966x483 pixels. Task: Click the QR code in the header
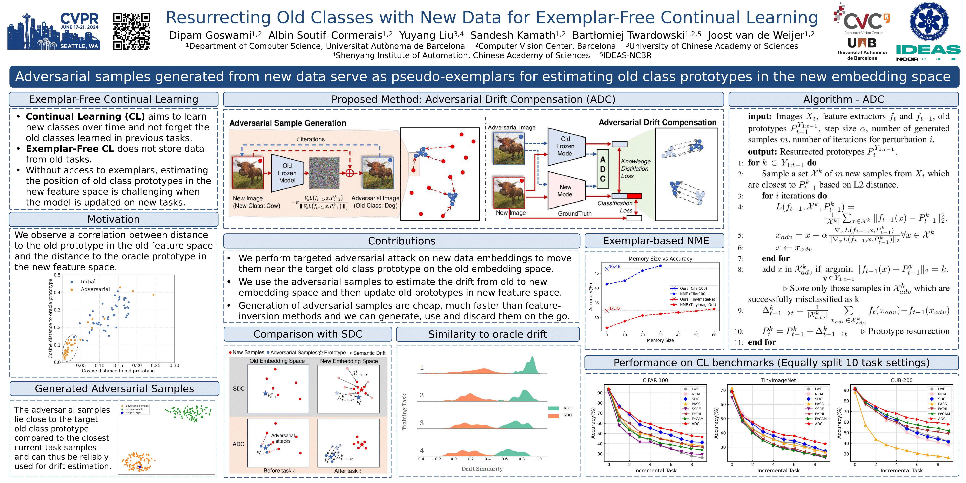(x=132, y=32)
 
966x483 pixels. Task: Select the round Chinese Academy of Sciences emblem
(x=929, y=22)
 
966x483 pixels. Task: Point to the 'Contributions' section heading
(x=402, y=241)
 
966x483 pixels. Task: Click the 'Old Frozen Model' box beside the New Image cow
(x=287, y=173)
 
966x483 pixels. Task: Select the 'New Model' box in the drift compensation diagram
(x=565, y=191)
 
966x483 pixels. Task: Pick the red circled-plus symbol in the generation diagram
(x=349, y=173)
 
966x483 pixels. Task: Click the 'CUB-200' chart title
(x=901, y=380)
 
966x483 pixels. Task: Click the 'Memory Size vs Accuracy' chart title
(x=660, y=259)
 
